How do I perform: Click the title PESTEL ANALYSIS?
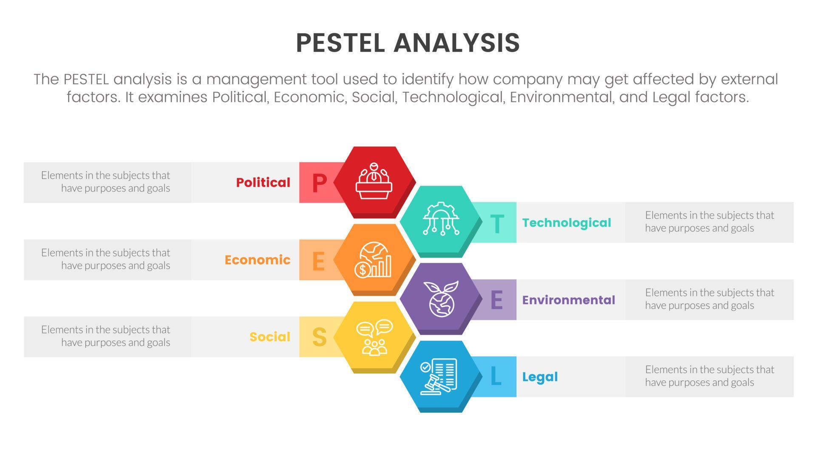408,42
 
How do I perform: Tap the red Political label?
263,182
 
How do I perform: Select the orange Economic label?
258,260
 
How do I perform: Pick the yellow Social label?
270,337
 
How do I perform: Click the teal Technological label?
567,223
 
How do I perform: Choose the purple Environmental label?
569,300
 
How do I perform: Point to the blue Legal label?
540,377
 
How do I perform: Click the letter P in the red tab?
319,183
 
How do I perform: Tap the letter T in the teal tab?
497,224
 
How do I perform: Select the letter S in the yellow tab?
319,337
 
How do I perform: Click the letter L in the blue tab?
496,377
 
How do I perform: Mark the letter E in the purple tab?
496,300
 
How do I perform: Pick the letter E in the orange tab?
318,261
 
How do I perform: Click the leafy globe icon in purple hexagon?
441,298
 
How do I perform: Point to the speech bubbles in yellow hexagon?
374,328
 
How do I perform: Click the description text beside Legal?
709,376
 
